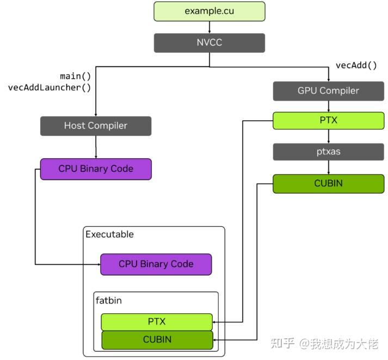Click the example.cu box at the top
210,11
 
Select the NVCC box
210,42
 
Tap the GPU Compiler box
328,91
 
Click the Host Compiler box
96,126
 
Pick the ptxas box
328,151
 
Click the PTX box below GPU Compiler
328,120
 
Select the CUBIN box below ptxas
328,183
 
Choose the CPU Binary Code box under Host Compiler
96,169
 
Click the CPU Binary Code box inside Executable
156,264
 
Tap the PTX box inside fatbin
157,321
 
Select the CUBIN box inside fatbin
157,340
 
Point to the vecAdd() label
356,65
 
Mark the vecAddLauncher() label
50,87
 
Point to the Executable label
109,234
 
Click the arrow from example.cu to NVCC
210,27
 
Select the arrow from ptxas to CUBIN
328,167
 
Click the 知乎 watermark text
283,343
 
